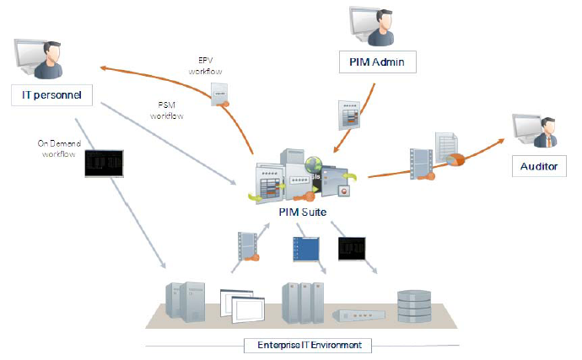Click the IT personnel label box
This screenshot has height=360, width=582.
click(51, 94)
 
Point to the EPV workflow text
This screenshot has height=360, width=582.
click(207, 66)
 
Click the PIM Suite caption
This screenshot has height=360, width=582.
click(301, 212)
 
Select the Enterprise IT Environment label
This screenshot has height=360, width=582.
click(301, 345)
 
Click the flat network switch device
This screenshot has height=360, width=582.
click(360, 315)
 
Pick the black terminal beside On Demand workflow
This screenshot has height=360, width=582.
click(104, 164)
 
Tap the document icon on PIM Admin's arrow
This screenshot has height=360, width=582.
click(349, 114)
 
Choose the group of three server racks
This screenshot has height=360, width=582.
click(303, 302)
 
